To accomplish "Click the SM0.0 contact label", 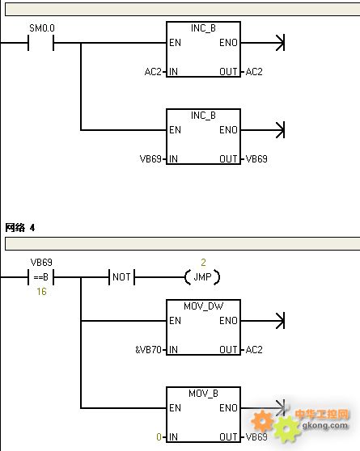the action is click(x=42, y=28).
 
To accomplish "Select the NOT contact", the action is click(x=121, y=277).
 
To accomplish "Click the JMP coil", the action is click(x=202, y=277).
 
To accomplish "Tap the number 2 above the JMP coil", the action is click(x=203, y=263).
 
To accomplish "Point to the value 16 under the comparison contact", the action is click(x=41, y=292).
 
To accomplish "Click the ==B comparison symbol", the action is click(x=41, y=277).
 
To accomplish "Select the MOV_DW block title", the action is click(x=203, y=306).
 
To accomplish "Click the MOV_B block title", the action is click(x=203, y=393).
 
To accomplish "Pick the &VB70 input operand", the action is click(x=148, y=350).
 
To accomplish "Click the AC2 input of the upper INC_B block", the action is click(x=153, y=72).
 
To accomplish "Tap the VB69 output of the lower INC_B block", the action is click(x=256, y=158).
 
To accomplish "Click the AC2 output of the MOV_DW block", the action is click(x=254, y=350).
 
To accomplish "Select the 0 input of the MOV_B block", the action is click(x=159, y=437).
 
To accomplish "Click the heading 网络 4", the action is click(x=20, y=228).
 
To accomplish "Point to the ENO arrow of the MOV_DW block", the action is click(x=263, y=321).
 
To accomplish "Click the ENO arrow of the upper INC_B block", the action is click(x=263, y=43).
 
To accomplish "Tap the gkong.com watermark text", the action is click(x=325, y=425).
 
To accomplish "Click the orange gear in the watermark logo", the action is click(x=262, y=421).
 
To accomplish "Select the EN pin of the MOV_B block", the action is click(x=175, y=408).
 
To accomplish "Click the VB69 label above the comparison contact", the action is click(x=41, y=263).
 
